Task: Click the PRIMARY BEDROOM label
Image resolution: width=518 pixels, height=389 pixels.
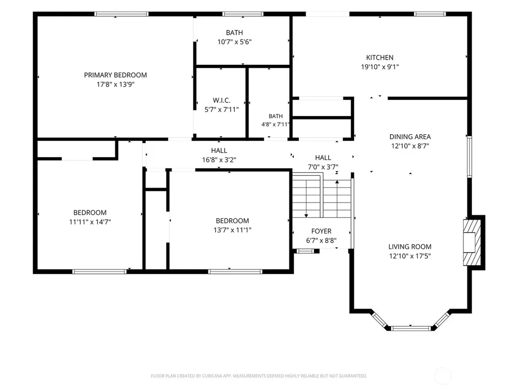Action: point(115,75)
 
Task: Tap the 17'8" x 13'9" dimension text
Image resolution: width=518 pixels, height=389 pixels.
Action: point(115,85)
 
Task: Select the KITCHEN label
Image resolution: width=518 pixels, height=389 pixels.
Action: point(379,58)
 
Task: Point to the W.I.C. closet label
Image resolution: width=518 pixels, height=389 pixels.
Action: point(222,100)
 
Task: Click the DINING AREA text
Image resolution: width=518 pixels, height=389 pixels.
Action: point(410,137)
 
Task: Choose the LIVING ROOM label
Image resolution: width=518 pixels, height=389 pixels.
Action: point(410,247)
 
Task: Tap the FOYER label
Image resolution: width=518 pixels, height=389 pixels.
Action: point(321,231)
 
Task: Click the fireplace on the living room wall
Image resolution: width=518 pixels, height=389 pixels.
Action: point(472,242)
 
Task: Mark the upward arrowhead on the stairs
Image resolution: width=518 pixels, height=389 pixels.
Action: point(337,182)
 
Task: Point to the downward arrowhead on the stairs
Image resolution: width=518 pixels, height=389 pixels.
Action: point(306,216)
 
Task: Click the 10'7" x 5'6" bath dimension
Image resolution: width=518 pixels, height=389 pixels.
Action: point(234,42)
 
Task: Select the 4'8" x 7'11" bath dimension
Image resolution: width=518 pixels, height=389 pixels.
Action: point(276,125)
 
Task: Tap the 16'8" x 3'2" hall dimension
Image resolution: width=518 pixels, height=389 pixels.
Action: point(219,160)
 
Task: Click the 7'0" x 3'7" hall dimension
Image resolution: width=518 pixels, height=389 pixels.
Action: point(323,167)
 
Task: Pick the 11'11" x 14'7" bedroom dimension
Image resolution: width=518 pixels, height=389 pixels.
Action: point(90,222)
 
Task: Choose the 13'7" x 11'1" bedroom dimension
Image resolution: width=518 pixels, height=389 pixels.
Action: point(232,230)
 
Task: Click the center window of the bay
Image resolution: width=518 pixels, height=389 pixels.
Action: point(411,328)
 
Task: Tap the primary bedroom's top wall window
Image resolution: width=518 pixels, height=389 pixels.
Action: point(121,14)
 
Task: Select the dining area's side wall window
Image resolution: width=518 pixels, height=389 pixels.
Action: point(469,157)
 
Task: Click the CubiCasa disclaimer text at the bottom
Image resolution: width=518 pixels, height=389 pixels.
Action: point(258,376)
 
